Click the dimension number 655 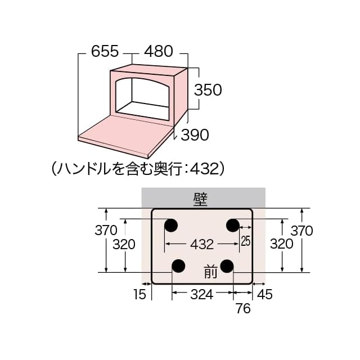(x=105, y=52)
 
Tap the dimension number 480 (x=158, y=52)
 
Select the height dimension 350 (x=208, y=89)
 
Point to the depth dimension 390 (x=195, y=134)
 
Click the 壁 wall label (x=200, y=197)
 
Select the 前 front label (x=210, y=273)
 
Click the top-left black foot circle (x=170, y=226)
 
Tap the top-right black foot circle (x=233, y=226)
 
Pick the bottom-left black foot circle (x=178, y=265)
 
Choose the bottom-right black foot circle (x=227, y=265)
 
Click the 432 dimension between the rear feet (x=202, y=244)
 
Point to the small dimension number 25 (x=245, y=242)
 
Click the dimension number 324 (x=202, y=294)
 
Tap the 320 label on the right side (x=281, y=244)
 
